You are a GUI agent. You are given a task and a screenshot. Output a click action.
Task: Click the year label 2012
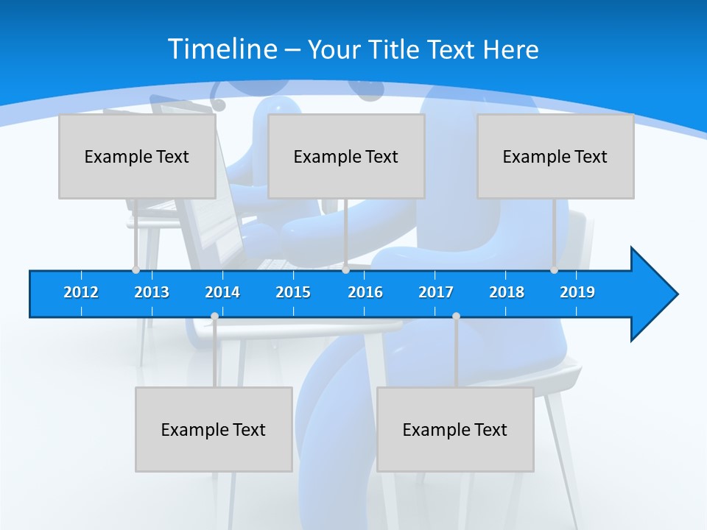[81, 292]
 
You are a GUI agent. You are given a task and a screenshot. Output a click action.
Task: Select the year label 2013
[152, 292]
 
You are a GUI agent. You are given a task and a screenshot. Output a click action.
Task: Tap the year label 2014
[222, 292]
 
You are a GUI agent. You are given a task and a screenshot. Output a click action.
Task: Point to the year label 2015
[293, 292]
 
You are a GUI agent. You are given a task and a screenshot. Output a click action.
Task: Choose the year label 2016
[365, 292]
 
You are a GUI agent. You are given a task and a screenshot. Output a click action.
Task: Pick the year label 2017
[436, 292]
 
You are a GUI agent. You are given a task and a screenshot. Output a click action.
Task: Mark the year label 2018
[507, 292]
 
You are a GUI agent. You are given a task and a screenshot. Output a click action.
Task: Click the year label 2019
[577, 292]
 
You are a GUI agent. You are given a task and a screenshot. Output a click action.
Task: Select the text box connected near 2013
[137, 156]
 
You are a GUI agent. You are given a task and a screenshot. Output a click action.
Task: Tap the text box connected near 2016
[346, 156]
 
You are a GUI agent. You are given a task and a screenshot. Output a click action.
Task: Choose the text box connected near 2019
[555, 156]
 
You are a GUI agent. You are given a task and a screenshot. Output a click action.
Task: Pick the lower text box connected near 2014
[214, 429]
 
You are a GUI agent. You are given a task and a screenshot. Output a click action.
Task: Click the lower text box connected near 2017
[455, 429]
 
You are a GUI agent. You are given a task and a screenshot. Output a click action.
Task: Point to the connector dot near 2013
[136, 270]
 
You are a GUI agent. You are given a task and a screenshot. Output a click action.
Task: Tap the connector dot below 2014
[214, 317]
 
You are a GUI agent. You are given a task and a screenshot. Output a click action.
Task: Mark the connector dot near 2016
[345, 270]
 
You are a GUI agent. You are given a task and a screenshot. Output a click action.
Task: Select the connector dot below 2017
[456, 317]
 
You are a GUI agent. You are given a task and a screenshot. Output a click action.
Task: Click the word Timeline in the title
[222, 49]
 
